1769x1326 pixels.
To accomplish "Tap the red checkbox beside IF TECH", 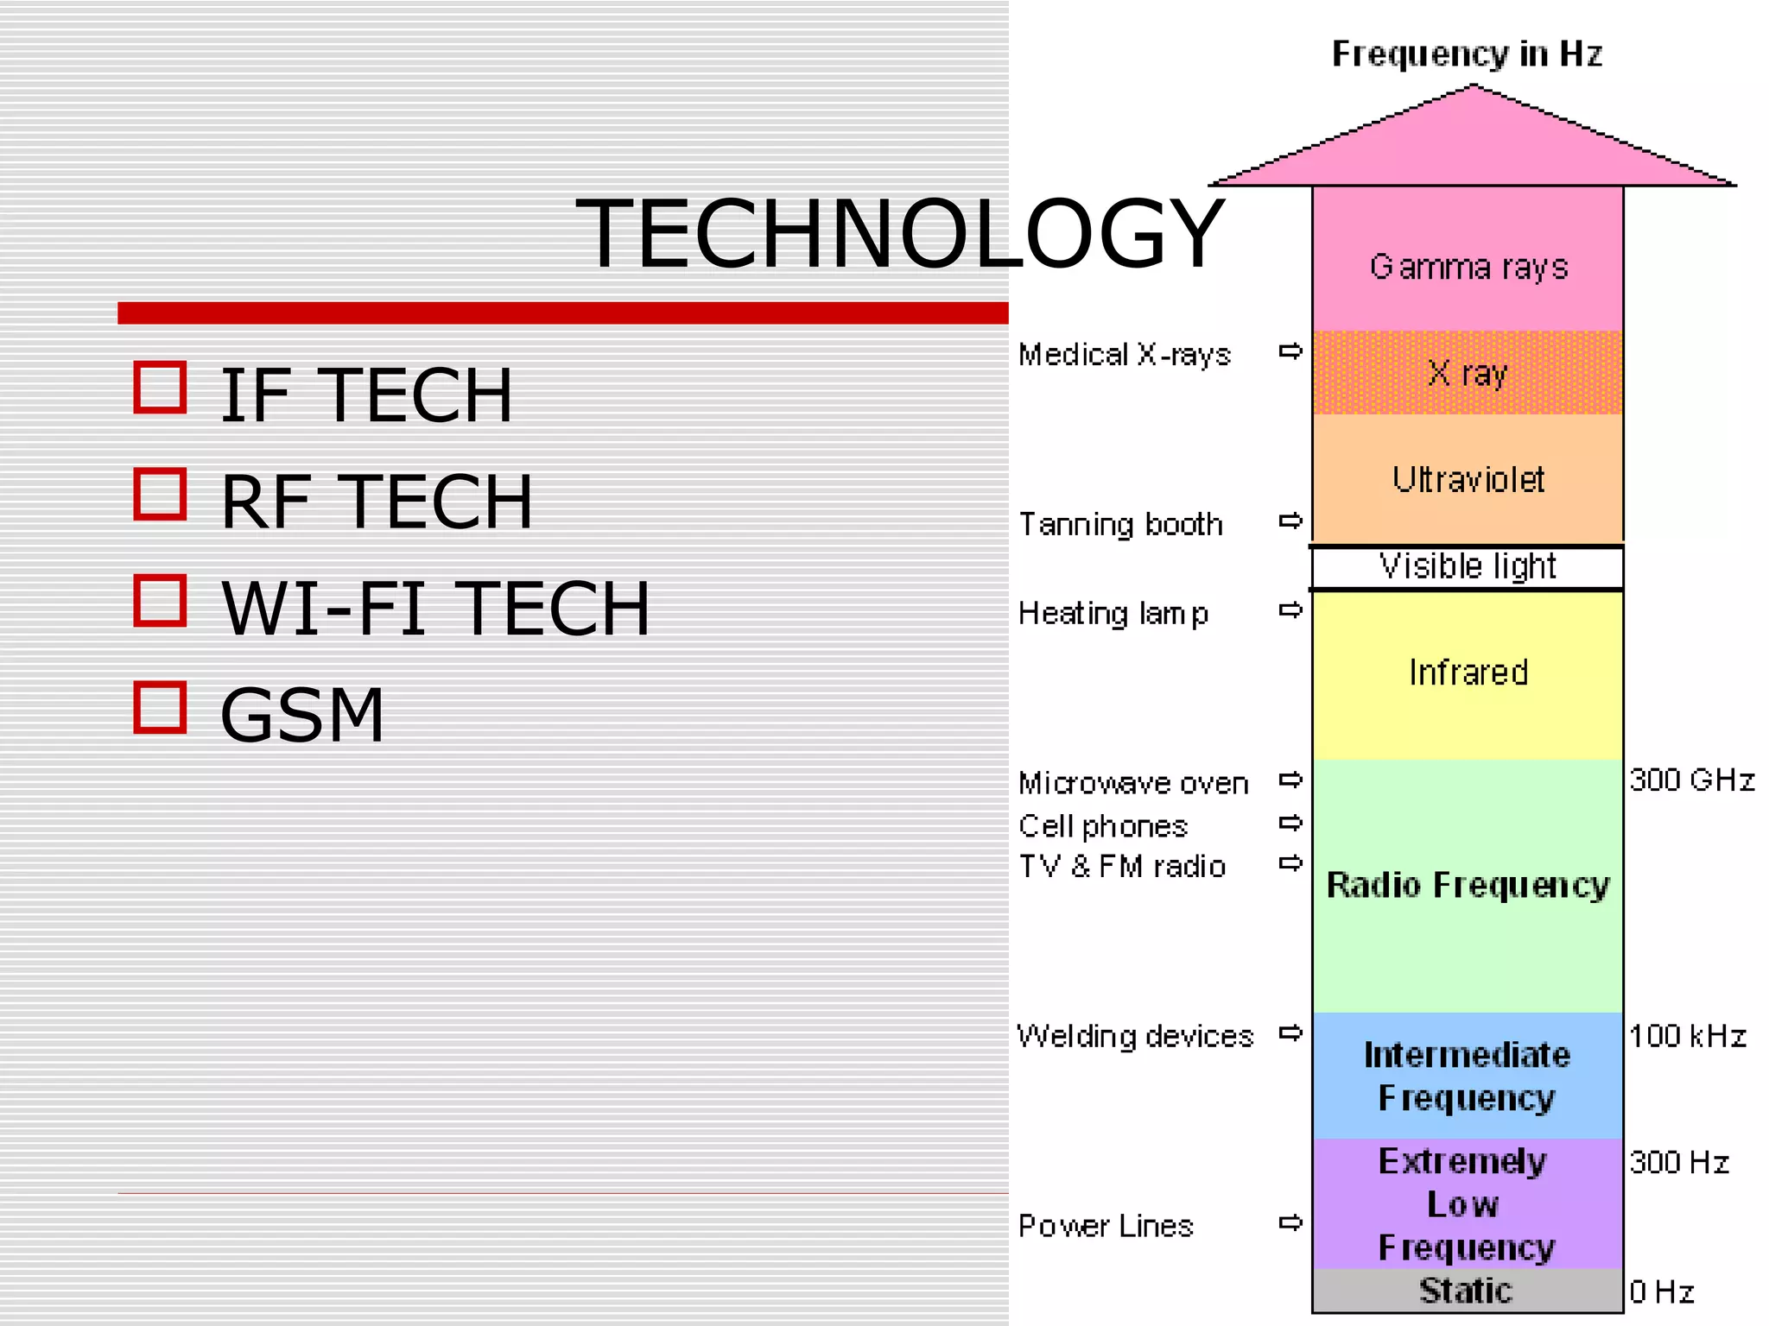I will tap(161, 388).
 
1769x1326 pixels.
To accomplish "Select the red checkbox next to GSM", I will tap(161, 708).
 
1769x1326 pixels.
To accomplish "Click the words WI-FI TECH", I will tap(435, 609).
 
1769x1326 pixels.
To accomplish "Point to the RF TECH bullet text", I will tap(377, 502).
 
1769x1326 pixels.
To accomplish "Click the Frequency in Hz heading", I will tap(1467, 54).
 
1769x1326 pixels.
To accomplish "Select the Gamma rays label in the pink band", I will tap(1468, 267).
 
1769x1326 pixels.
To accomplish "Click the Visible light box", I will tap(1467, 567).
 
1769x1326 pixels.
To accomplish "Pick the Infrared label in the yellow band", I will tap(1468, 672).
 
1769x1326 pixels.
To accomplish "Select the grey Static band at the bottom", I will tap(1467, 1291).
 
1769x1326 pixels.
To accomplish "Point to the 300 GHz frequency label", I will tap(1691, 780).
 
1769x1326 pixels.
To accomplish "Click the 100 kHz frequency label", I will tap(1687, 1036).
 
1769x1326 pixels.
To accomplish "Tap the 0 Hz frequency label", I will tap(1661, 1292).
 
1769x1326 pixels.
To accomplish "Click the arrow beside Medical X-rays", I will tap(1290, 351).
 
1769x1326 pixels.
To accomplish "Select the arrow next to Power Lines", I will tap(1290, 1222).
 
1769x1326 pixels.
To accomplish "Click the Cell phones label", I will tap(1103, 827).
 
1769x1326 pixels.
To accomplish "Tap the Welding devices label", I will tap(1135, 1036).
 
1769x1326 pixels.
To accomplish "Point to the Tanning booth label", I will tap(1120, 525).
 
